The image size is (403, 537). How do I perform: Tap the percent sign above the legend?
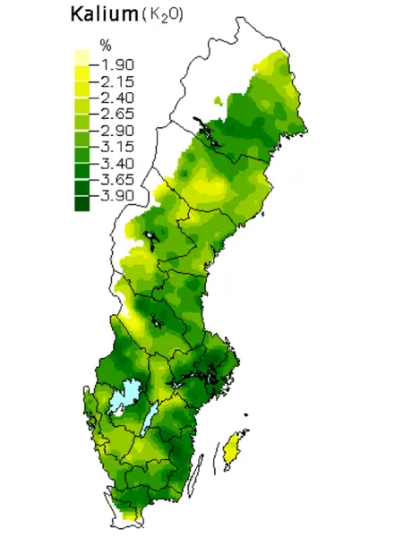coord(104,45)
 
